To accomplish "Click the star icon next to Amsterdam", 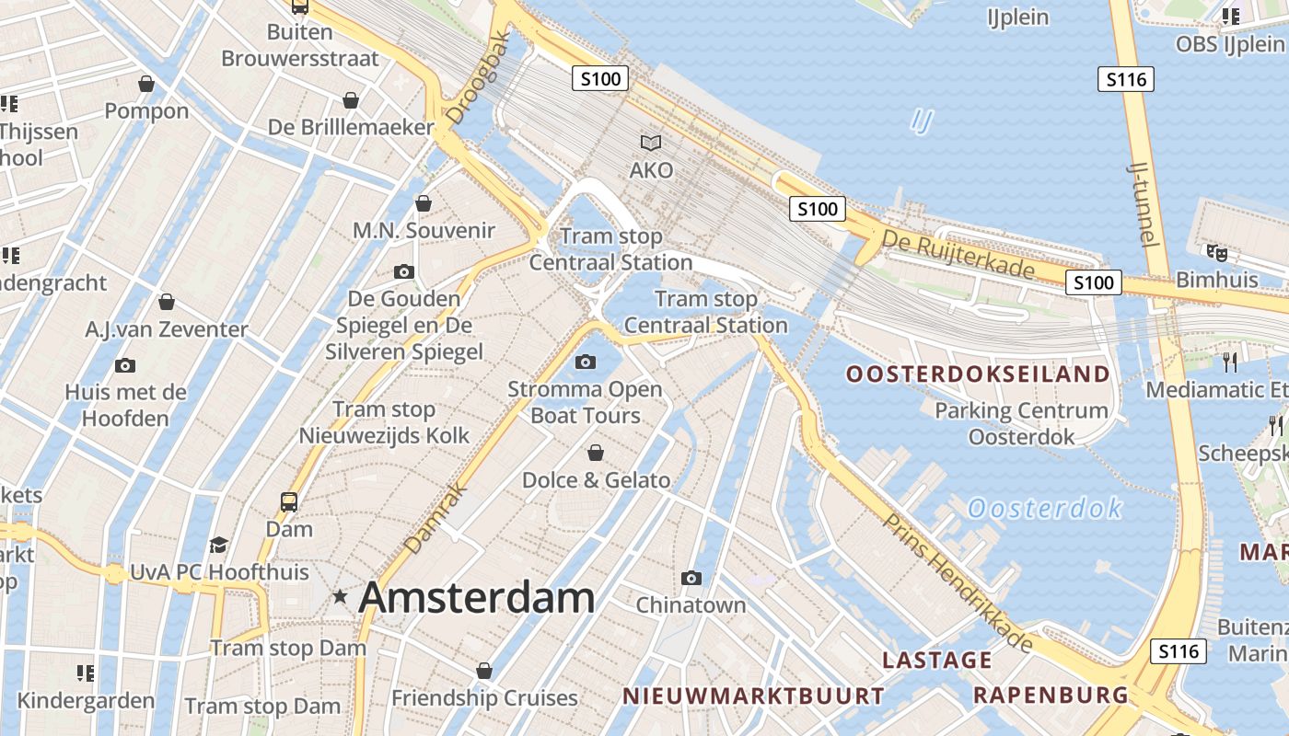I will point(341,597).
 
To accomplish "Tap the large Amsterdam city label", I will point(476,598).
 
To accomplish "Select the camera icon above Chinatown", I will point(691,578).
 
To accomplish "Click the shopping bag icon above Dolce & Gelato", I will point(596,453).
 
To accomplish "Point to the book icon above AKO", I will point(651,143).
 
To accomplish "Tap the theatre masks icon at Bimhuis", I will point(1217,251).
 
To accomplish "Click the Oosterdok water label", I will point(1045,508).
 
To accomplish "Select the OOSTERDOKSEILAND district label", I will point(978,374).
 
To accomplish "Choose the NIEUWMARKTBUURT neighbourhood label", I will point(753,696).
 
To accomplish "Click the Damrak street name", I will point(432,521).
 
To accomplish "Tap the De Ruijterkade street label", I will point(958,255).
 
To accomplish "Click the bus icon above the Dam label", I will point(289,502).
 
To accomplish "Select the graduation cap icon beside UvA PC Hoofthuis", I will point(218,545).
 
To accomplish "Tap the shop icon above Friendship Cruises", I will point(484,671).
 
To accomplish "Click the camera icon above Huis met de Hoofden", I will point(125,365).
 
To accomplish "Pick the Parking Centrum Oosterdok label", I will point(1021,423).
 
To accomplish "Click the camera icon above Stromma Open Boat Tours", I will point(586,362).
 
